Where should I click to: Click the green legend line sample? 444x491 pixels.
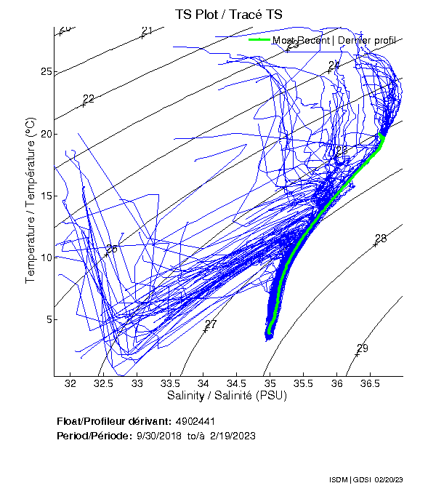point(259,40)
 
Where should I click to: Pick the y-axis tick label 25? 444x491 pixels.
point(47,72)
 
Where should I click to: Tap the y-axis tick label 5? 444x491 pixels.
point(49,319)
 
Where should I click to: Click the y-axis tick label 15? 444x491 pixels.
point(47,196)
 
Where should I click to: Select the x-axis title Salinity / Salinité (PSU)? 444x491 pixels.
point(227,396)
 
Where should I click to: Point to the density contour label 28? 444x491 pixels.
point(381,239)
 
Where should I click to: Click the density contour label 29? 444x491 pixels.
point(362,348)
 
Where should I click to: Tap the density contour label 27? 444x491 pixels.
point(211,324)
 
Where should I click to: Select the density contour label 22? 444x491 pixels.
point(89,99)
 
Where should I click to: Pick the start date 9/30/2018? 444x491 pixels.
point(160,436)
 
